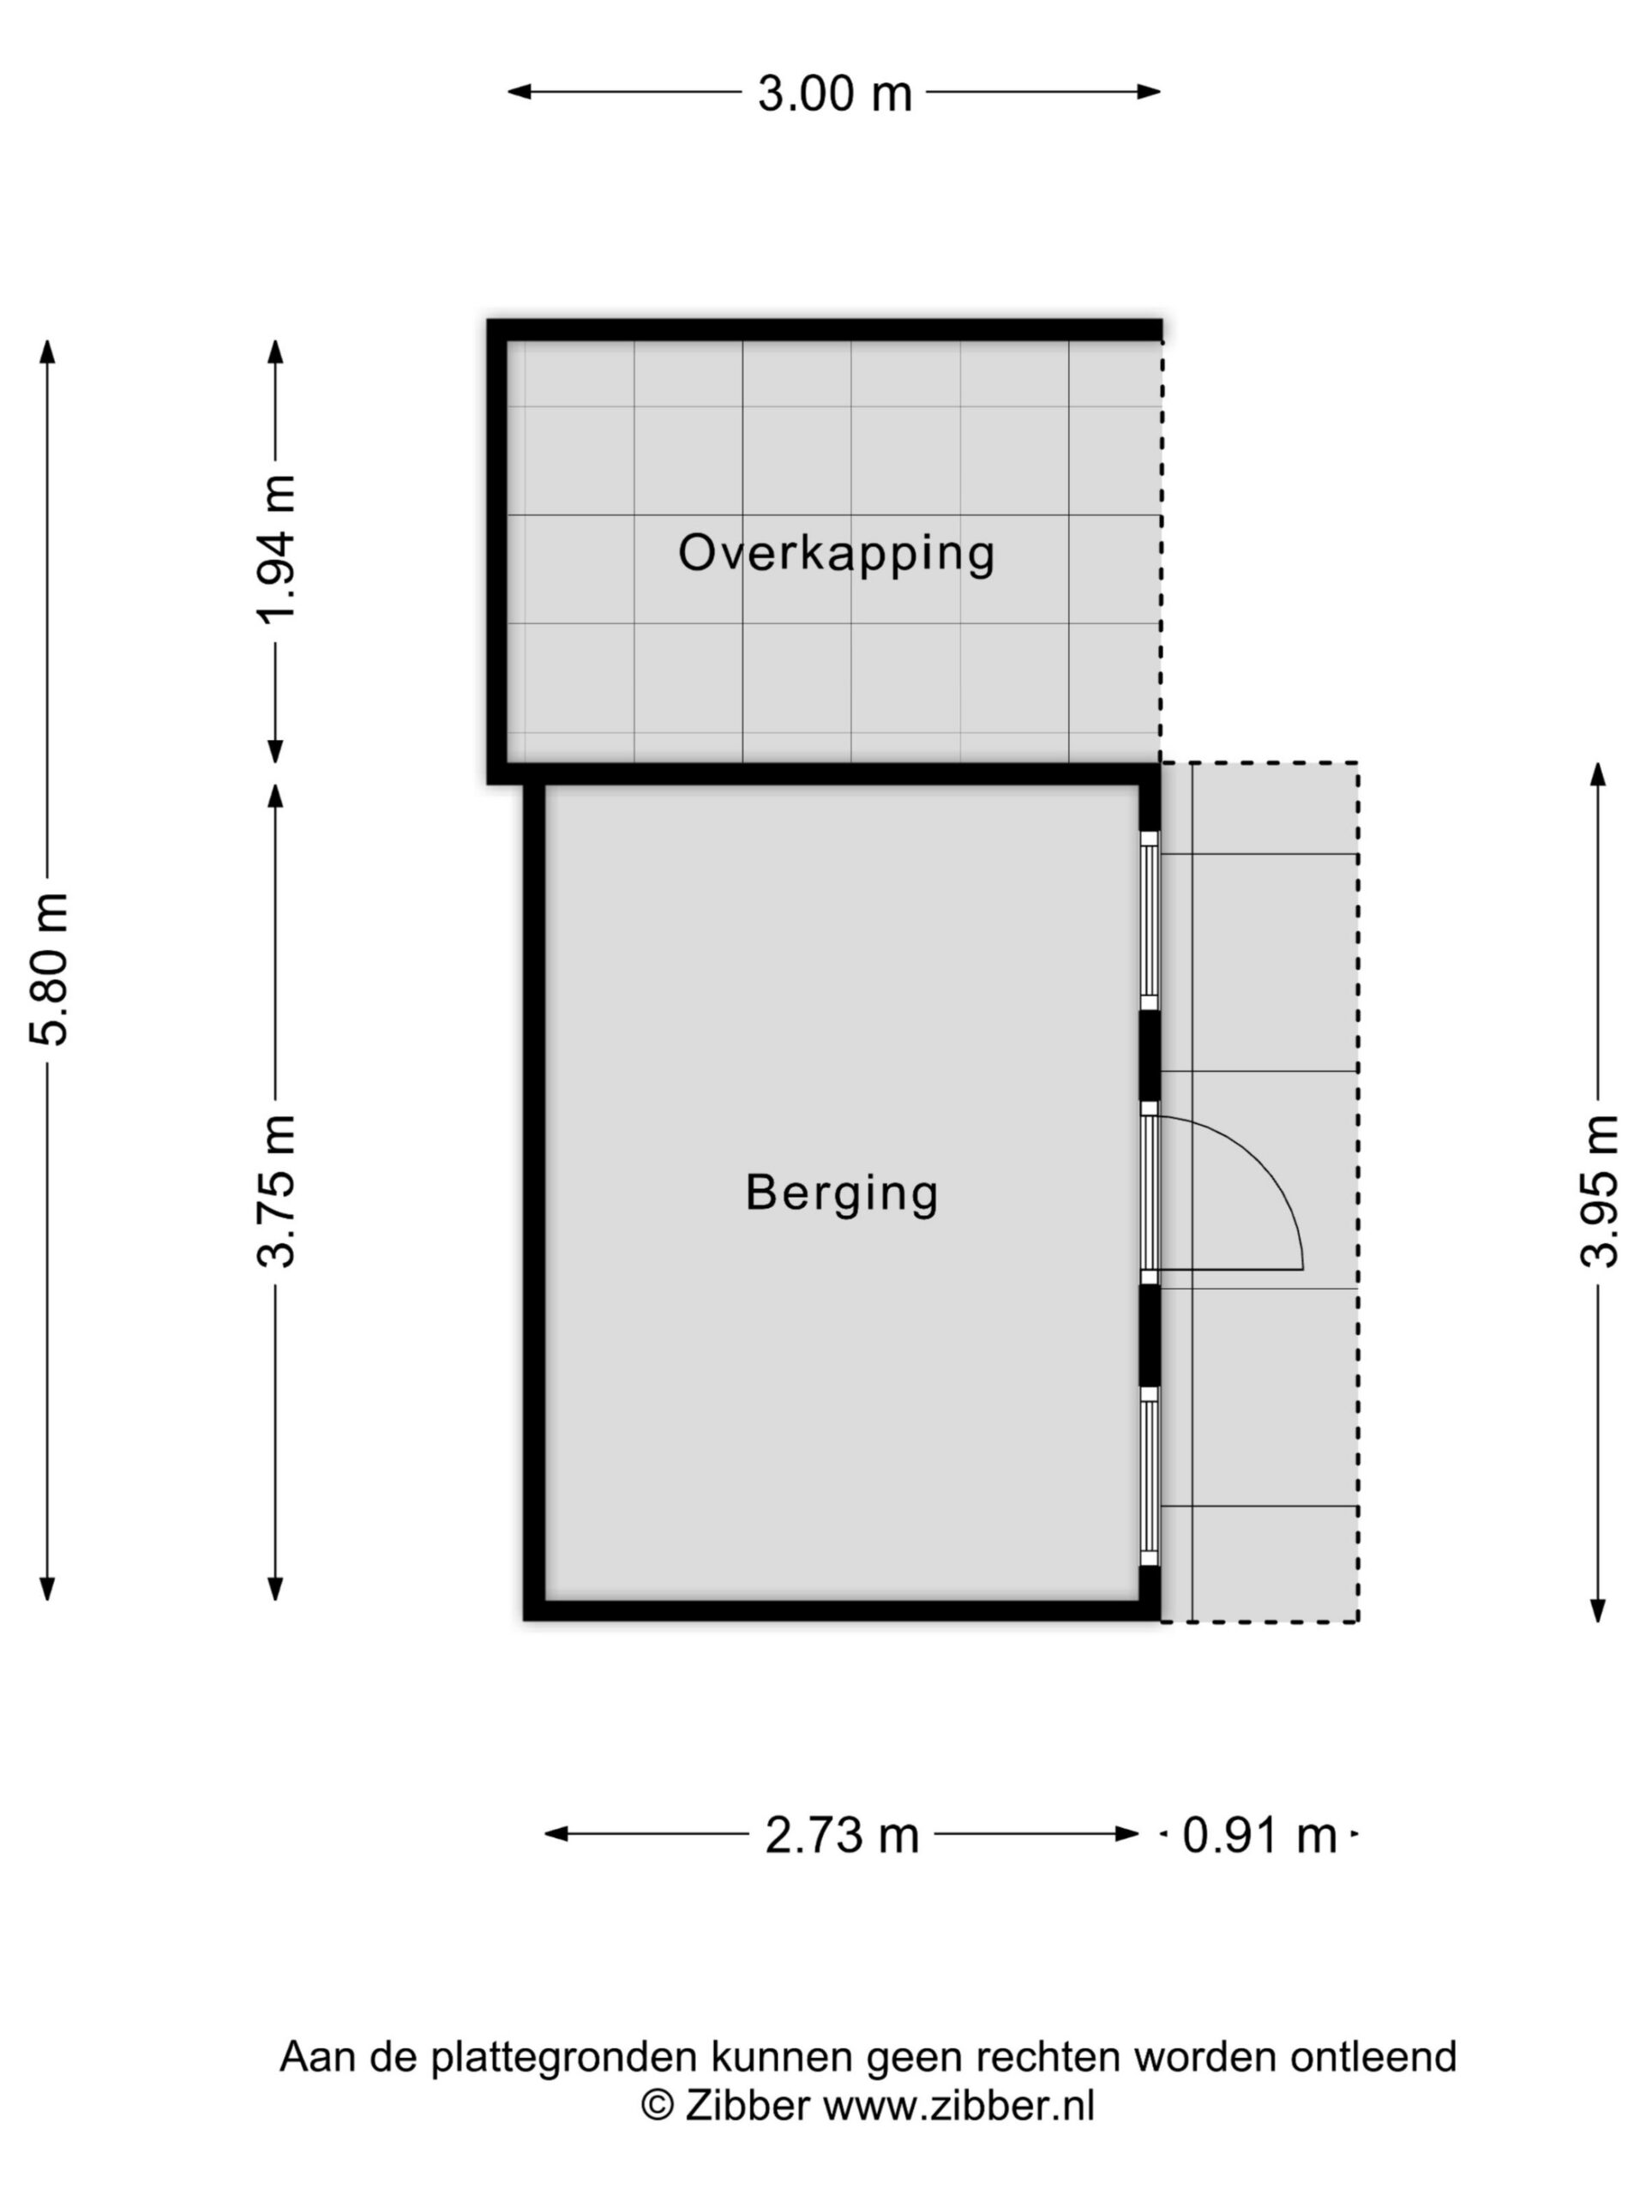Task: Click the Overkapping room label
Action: (835, 554)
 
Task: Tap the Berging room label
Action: (841, 1193)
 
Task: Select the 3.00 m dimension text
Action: (834, 94)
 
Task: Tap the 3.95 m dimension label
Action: (1598, 1191)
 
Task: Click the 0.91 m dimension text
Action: (1259, 1836)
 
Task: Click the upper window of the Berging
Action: (1149, 920)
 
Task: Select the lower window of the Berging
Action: (1149, 1476)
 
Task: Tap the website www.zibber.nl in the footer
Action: (958, 2106)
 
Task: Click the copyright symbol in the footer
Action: (657, 2106)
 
